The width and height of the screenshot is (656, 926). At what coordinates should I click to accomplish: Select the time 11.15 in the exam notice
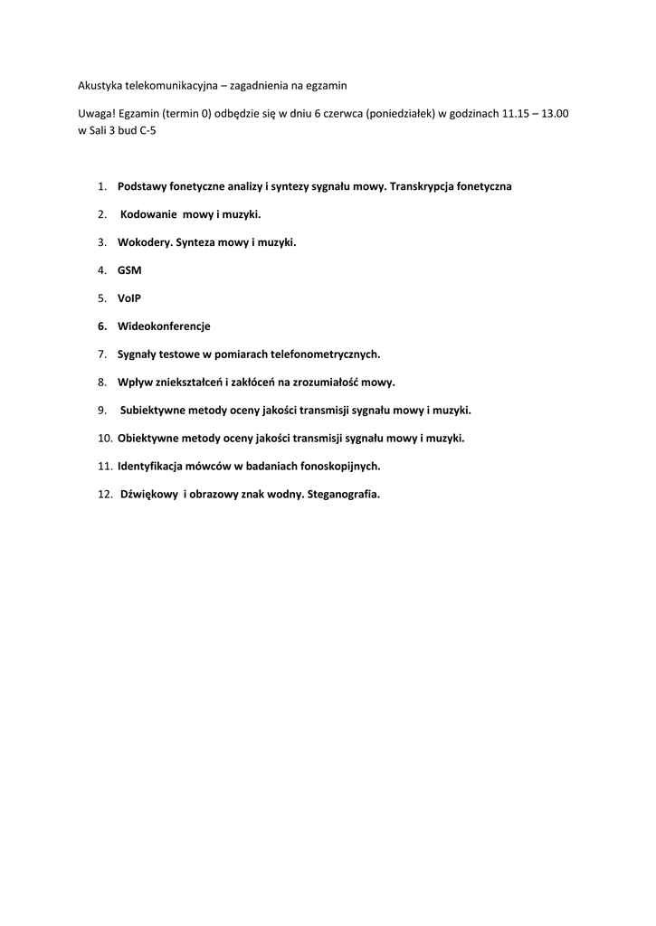(518, 114)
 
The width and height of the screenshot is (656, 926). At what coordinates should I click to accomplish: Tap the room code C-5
(158, 130)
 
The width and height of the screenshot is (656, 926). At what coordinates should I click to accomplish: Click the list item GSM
(129, 270)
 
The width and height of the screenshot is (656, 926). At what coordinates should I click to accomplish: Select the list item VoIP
(129, 298)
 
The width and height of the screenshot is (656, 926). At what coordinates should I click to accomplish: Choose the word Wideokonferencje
(164, 326)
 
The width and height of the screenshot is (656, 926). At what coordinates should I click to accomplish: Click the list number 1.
(101, 186)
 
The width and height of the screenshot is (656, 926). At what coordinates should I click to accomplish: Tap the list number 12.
(104, 495)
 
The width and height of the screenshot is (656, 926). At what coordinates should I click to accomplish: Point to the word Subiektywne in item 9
(155, 411)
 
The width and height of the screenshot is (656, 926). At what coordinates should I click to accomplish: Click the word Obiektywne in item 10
(149, 439)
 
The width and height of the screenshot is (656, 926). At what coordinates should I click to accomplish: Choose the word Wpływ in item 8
(135, 383)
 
